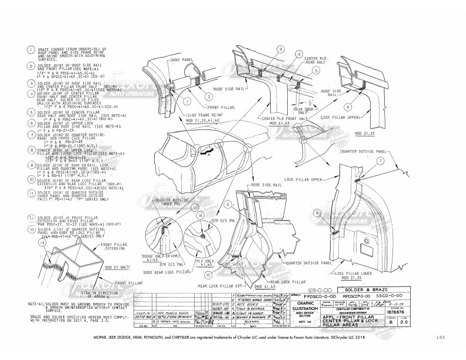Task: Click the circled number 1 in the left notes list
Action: pyautogui.click(x=14, y=52)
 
